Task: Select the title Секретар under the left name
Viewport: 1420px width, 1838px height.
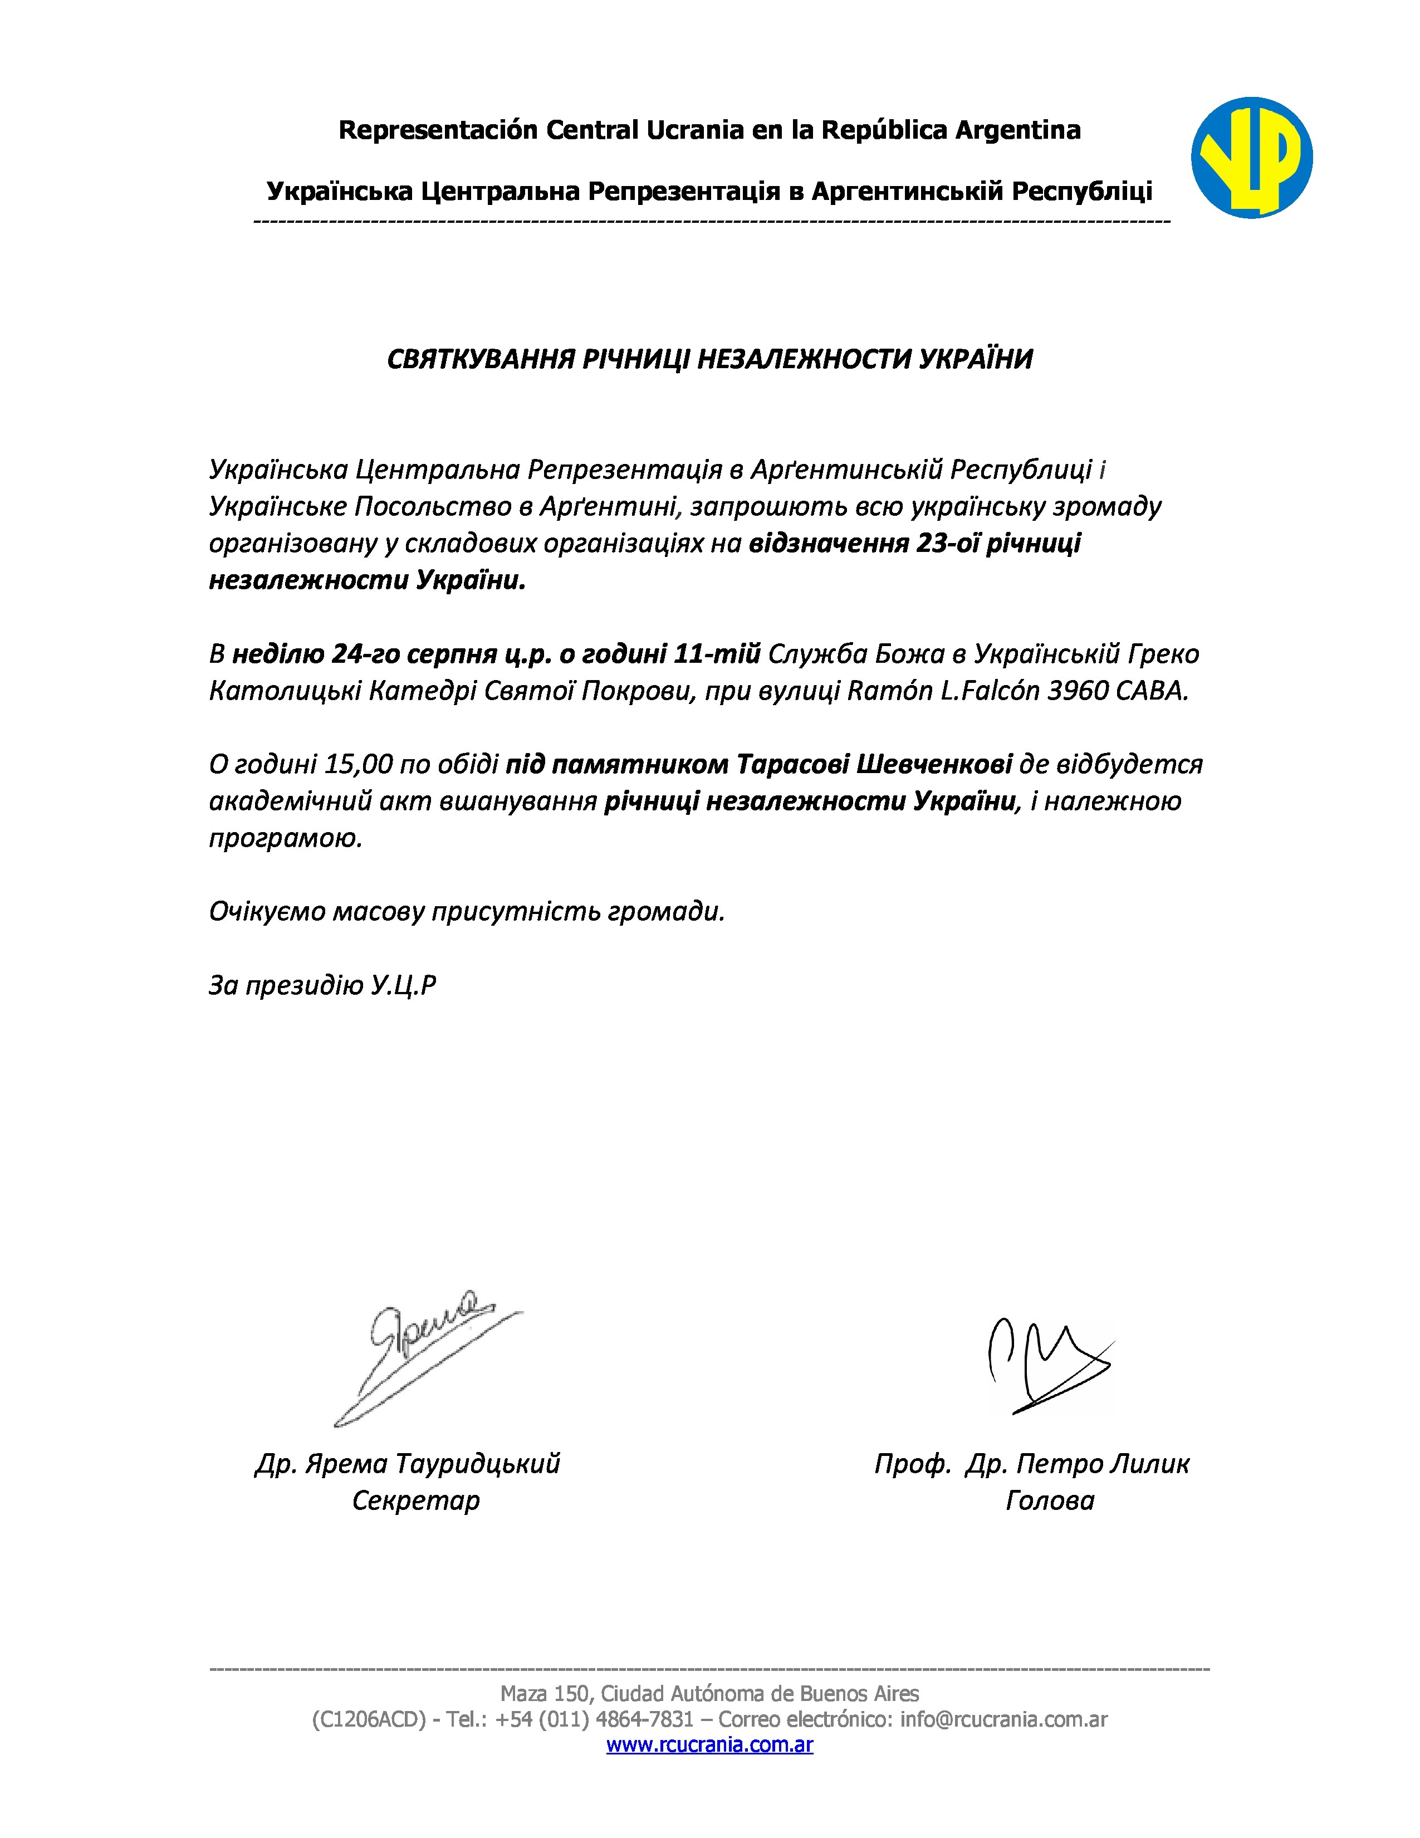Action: click(x=415, y=1500)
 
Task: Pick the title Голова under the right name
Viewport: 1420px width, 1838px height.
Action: click(x=1050, y=1500)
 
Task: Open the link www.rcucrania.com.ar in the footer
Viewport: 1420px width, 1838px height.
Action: click(x=709, y=1744)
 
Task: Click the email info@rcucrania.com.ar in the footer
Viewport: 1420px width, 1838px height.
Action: click(x=1003, y=1719)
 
